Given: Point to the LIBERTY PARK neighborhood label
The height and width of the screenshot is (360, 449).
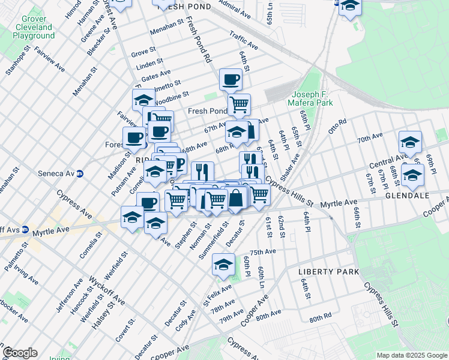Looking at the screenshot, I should point(329,272).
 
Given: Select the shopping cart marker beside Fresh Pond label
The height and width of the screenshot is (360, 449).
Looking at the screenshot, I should point(239,104).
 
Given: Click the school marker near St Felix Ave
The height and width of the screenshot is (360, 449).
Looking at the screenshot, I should point(224,264).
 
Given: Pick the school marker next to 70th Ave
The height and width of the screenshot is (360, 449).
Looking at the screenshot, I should point(410,142).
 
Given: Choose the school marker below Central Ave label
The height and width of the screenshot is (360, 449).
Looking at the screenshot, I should point(412,175).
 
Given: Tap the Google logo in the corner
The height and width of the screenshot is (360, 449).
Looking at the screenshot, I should point(20,353).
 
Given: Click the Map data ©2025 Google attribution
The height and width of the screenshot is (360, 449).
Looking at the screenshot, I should point(412,355).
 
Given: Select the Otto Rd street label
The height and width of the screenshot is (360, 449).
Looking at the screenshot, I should point(337,126).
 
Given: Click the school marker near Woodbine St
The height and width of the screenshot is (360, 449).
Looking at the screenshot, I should point(143,99).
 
